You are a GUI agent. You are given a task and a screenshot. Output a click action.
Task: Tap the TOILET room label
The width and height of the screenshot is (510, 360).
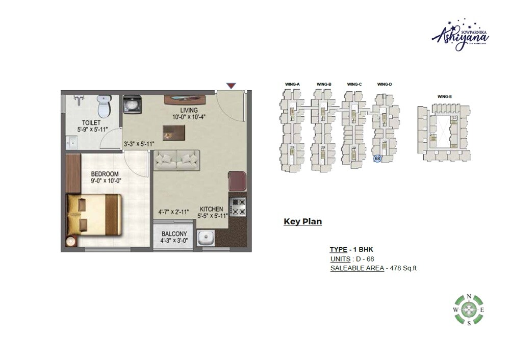coord(89,123)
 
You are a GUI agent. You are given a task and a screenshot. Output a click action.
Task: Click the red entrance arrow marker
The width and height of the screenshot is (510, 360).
coord(231,87)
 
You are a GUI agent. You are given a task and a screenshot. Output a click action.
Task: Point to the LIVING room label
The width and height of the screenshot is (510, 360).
coord(189,111)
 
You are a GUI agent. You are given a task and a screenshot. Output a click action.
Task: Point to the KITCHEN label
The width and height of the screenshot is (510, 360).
coord(211,209)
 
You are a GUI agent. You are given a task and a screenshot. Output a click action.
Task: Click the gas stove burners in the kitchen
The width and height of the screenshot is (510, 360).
coord(238,206)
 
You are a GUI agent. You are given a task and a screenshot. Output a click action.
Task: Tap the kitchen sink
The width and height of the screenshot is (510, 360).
coord(206,238)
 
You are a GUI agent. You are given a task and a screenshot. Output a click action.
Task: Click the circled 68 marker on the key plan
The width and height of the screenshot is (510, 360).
coord(377,159)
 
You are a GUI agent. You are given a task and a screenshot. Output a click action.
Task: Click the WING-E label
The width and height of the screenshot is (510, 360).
coord(444,96)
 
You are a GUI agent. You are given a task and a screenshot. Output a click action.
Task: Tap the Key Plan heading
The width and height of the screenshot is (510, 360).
coord(302,222)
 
